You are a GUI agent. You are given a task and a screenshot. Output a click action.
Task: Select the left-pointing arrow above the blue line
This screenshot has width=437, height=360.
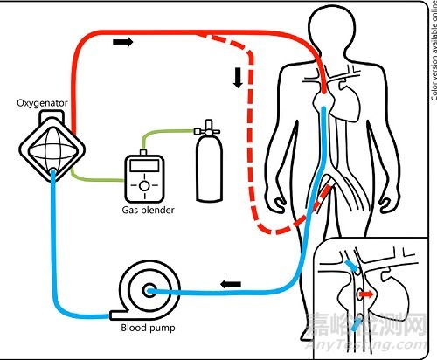point(231,283)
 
